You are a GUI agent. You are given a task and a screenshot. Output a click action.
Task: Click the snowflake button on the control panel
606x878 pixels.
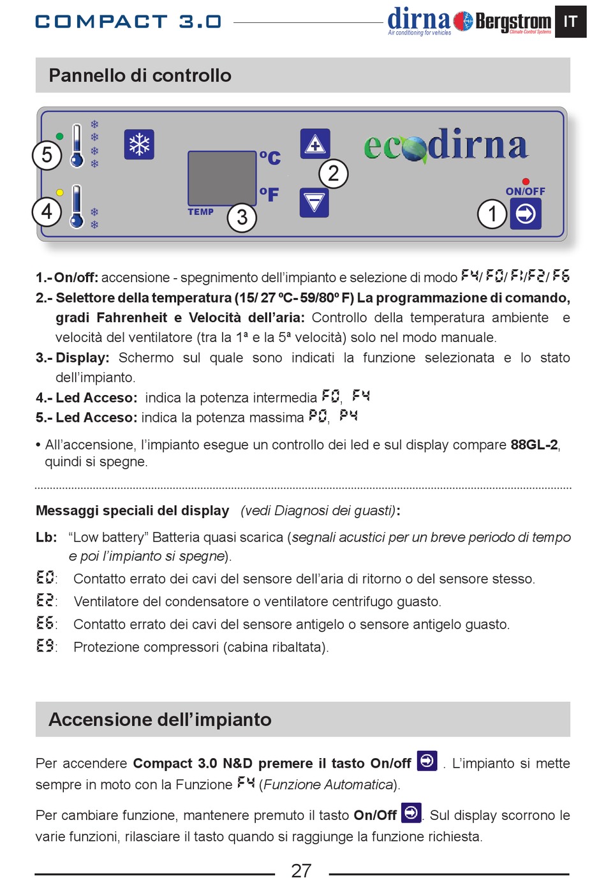[x=139, y=144]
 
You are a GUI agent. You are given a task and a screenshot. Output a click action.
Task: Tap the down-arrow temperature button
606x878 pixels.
[x=314, y=203]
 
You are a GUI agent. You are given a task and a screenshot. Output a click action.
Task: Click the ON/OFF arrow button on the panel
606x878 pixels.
[x=526, y=214]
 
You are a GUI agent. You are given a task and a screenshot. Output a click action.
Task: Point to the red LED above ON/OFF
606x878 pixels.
[x=526, y=182]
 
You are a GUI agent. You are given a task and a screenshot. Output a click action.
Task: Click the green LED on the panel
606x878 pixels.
[x=60, y=137]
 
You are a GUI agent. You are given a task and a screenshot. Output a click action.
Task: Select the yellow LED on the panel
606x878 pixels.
[x=60, y=192]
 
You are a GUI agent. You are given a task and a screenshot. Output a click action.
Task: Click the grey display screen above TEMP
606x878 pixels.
[x=221, y=178]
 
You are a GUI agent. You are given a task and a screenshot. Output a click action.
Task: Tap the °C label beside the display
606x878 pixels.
[x=270, y=157]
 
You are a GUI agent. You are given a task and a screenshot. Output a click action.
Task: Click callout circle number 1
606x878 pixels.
[x=492, y=214]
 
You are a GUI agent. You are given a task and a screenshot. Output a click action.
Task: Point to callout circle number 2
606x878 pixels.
[x=333, y=174]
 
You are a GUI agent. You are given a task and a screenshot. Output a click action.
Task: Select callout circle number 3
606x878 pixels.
[x=242, y=218]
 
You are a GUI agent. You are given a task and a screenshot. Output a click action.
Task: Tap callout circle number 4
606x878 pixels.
[x=47, y=211]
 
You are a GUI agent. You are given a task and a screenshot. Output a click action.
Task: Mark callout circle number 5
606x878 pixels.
[x=47, y=155]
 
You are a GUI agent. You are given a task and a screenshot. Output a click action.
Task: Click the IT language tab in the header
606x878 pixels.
[x=570, y=22]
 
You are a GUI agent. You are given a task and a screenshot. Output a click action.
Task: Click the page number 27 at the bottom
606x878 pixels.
[x=301, y=870]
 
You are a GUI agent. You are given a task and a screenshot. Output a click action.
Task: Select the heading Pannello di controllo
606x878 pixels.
[x=140, y=75]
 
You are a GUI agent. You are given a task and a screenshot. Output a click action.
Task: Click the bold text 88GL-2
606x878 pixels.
[x=534, y=445]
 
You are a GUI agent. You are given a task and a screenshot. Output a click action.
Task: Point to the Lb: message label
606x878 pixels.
[x=46, y=537]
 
